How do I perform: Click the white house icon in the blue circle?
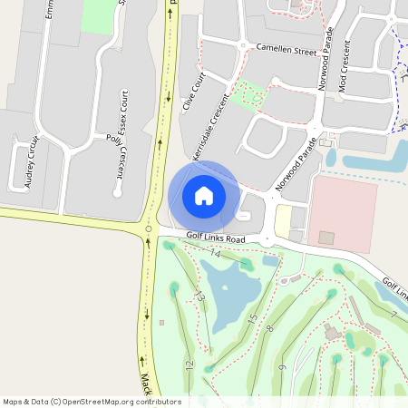click(203, 194)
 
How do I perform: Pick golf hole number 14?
click(216, 254)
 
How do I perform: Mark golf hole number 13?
click(199, 296)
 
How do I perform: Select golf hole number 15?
click(253, 319)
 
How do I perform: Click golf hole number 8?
click(270, 327)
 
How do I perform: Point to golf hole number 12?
click(189, 364)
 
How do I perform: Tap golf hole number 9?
click(283, 367)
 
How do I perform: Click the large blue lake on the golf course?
click(230, 295)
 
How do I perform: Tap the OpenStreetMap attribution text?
click(92, 401)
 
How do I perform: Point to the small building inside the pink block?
click(326, 238)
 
